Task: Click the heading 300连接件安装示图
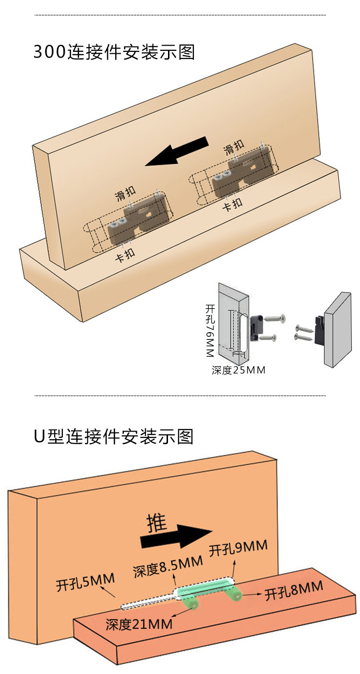(x=114, y=52)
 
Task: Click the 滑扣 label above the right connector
(x=234, y=147)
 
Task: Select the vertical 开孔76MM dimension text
(x=209, y=330)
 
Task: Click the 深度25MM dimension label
(x=239, y=370)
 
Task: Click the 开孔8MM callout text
(x=294, y=590)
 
